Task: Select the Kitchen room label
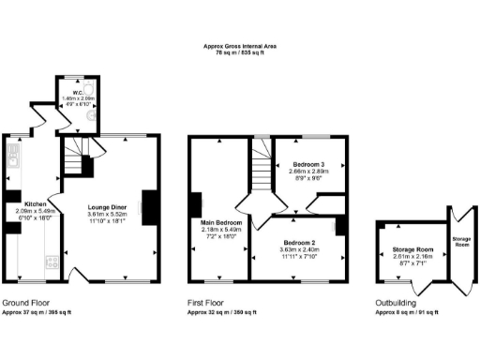tap(36, 203)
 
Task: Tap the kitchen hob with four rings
tap(52, 262)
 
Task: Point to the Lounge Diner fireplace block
tap(147, 203)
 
